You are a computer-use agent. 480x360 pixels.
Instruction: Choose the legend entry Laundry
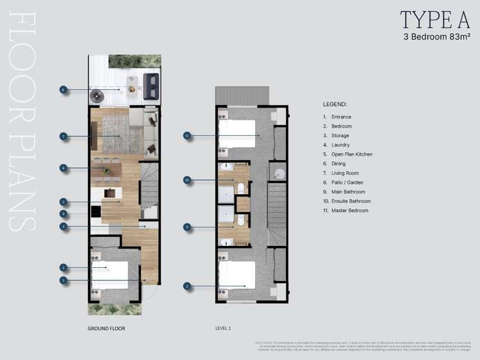[341, 145]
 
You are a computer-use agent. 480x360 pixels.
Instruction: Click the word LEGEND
[335, 103]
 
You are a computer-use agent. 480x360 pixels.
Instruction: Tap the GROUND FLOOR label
[106, 329]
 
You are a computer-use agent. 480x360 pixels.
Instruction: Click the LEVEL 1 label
[223, 329]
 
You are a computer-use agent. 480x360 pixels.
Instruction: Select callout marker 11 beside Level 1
[187, 136]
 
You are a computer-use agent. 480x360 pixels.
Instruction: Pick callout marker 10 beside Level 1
[187, 180]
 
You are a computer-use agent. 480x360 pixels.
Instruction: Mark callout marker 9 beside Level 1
[187, 226]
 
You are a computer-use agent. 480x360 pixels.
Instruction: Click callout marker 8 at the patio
[63, 90]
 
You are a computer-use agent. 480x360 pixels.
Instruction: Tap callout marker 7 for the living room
[63, 136]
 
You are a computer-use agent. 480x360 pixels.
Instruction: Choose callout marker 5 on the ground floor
[63, 201]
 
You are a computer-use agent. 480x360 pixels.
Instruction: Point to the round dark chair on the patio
[97, 96]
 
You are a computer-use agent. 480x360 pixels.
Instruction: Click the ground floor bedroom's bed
[108, 274]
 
